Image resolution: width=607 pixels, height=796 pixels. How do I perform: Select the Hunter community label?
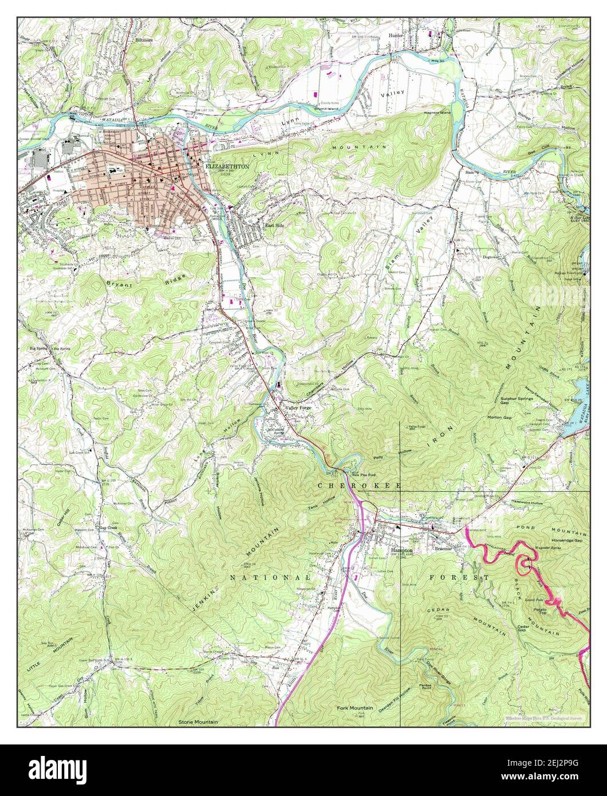click(x=396, y=35)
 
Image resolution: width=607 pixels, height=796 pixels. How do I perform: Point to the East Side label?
click(x=274, y=226)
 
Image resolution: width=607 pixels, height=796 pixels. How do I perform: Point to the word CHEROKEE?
click(x=360, y=485)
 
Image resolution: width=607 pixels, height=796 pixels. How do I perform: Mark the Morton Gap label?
click(x=499, y=417)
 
